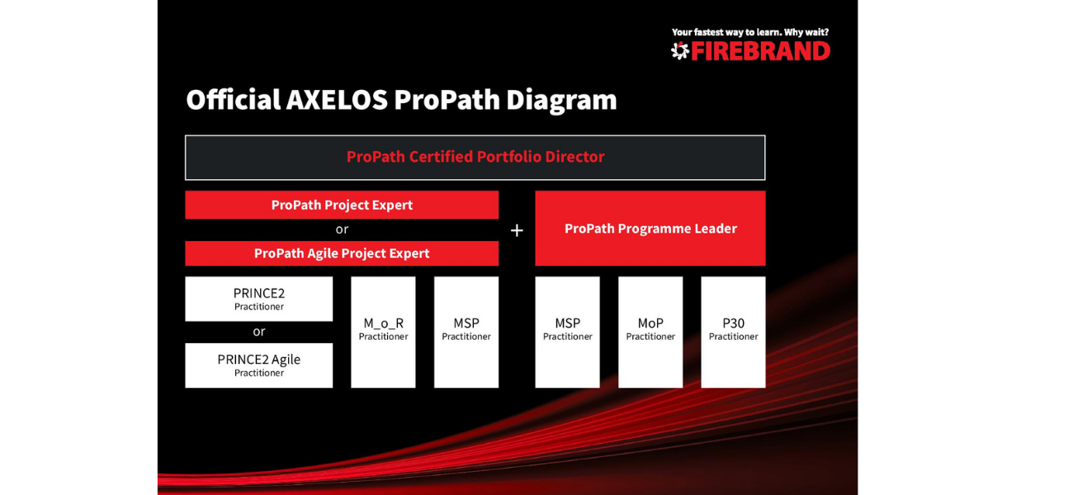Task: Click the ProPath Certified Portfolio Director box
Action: (475, 158)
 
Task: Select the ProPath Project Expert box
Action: (342, 205)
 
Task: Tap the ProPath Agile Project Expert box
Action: (342, 253)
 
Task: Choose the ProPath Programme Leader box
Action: (650, 229)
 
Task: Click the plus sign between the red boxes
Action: (517, 231)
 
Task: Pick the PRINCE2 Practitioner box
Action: (258, 299)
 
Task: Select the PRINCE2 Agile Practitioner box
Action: (258, 365)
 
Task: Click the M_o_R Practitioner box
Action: (383, 332)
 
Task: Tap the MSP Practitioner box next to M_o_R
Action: (466, 332)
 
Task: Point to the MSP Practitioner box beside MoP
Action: (567, 332)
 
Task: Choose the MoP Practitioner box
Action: (650, 332)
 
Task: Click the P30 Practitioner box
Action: (733, 332)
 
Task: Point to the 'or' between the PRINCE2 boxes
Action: (258, 332)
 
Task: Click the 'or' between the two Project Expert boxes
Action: (342, 230)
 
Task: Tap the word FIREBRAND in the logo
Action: (761, 51)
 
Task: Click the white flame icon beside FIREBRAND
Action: (680, 51)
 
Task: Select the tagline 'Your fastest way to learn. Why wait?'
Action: (750, 32)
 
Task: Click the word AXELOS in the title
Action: (337, 100)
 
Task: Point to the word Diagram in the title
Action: (561, 101)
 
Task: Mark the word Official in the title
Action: (234, 100)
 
